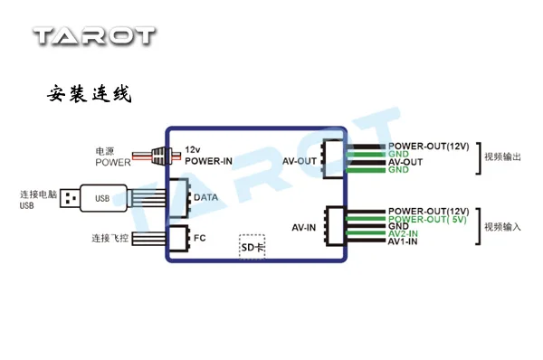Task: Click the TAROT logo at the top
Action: coord(94,36)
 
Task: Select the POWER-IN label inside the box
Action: coord(208,161)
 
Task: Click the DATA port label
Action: coord(205,197)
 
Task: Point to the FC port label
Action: coord(200,238)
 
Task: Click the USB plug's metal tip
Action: coord(70,199)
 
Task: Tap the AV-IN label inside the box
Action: coord(304,227)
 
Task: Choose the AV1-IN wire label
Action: coord(403,242)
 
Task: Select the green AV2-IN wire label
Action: coord(403,233)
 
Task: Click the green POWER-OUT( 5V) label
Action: coord(427,219)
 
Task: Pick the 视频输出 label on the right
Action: coord(502,156)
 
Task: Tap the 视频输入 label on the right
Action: coord(502,227)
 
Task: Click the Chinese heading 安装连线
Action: coord(90,93)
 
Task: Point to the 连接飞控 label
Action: coord(110,238)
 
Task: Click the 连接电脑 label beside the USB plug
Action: coord(38,194)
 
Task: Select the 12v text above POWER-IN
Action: coord(193,149)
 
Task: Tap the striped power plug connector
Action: coord(162,156)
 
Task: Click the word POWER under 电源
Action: coord(113,162)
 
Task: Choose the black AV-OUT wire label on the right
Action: coord(405,162)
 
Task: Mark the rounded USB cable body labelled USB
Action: coord(103,198)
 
